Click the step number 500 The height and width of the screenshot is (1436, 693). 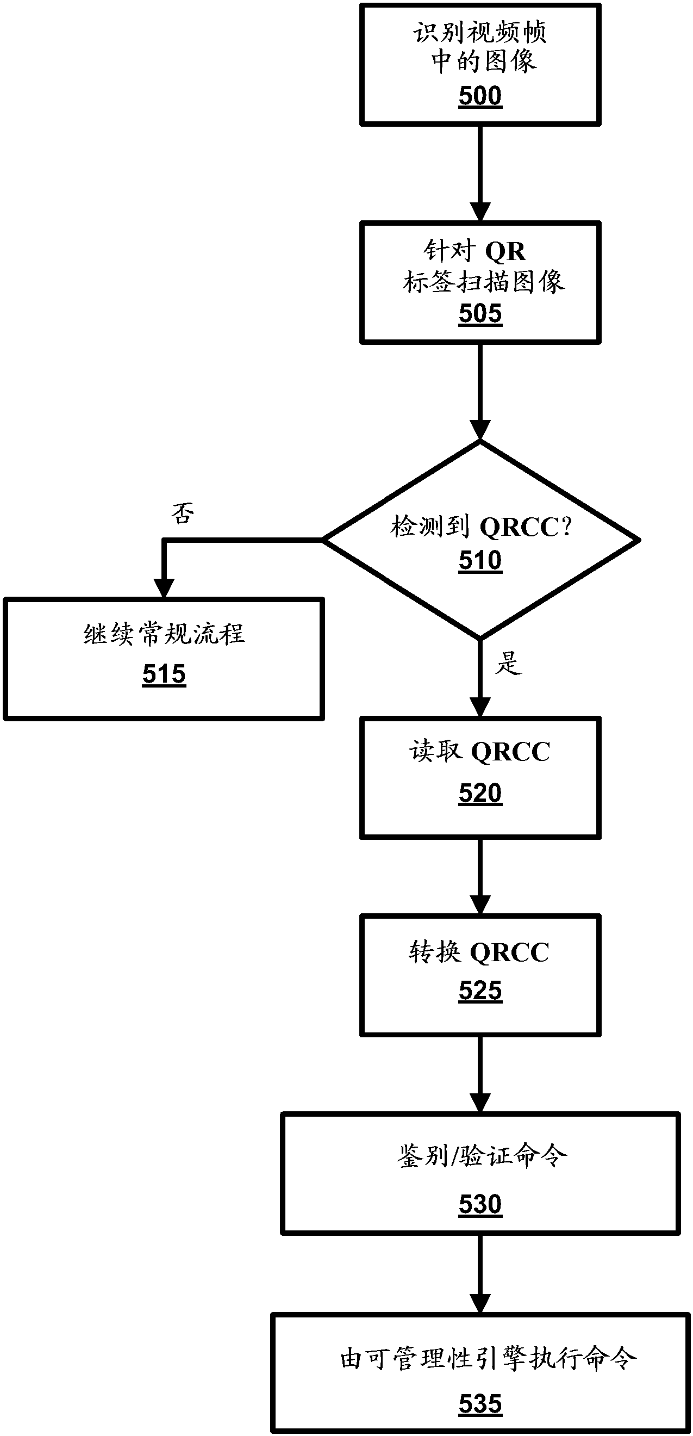[x=479, y=96]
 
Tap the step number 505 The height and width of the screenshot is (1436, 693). [x=479, y=314]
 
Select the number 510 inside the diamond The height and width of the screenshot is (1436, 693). [x=479, y=561]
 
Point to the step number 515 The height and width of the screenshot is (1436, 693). [x=164, y=674]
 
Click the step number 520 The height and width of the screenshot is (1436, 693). [x=479, y=793]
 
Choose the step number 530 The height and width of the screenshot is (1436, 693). [x=479, y=1205]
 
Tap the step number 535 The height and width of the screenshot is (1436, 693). [x=479, y=1404]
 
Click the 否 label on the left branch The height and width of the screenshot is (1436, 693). [x=182, y=513]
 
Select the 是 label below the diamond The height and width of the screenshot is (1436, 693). [x=508, y=663]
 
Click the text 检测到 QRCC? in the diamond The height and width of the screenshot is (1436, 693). [x=480, y=527]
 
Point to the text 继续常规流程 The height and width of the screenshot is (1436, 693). [x=164, y=634]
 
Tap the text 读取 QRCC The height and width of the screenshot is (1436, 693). [x=479, y=751]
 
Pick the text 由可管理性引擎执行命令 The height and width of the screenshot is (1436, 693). [x=488, y=1359]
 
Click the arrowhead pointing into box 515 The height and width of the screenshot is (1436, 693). [x=164, y=588]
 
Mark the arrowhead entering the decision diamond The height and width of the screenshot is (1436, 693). [x=479, y=430]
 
